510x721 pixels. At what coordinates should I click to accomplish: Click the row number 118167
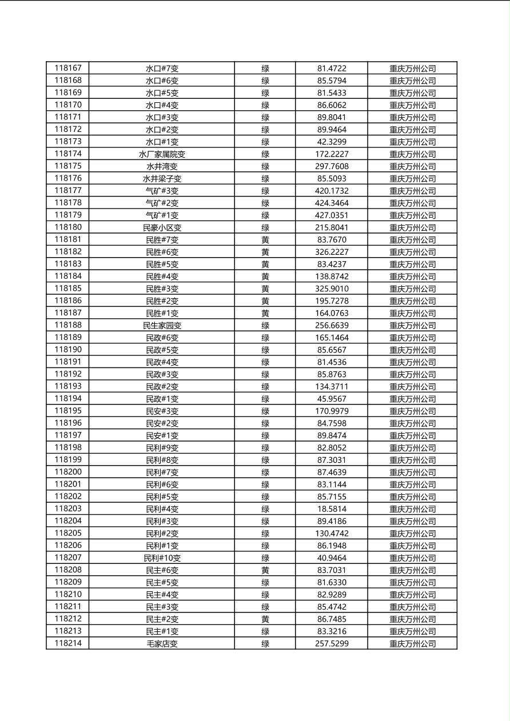click(x=68, y=68)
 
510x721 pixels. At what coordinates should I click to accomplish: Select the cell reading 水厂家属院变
click(x=162, y=154)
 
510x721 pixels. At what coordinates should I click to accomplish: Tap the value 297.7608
click(x=332, y=166)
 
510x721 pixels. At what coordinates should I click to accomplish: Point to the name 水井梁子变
click(x=162, y=179)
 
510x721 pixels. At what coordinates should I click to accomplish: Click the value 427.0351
click(x=332, y=215)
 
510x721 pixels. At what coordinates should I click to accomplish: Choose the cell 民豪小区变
click(x=162, y=227)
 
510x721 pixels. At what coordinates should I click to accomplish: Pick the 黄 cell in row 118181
click(x=265, y=240)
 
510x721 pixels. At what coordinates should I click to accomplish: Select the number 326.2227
click(x=332, y=252)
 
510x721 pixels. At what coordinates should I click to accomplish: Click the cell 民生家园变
click(x=162, y=326)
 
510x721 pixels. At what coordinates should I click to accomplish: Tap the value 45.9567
click(x=332, y=399)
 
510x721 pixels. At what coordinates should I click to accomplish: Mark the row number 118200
click(x=68, y=472)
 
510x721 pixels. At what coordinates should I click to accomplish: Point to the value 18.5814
click(x=332, y=509)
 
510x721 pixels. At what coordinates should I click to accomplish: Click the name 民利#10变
click(x=162, y=558)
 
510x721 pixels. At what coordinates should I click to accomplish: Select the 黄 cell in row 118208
click(x=265, y=570)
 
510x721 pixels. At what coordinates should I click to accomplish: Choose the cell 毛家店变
click(x=162, y=644)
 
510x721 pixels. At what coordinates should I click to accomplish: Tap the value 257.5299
click(x=332, y=644)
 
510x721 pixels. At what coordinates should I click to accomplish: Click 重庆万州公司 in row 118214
click(x=412, y=644)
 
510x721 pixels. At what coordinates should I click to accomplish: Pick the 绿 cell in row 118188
click(x=265, y=326)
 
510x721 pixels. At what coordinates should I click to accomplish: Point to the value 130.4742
click(x=332, y=534)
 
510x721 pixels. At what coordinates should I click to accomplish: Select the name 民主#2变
click(x=162, y=619)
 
